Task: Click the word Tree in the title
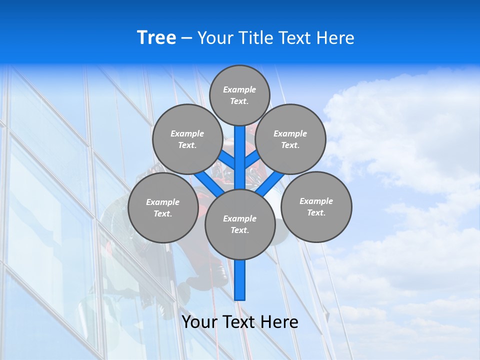tap(156, 38)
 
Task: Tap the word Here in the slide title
tap(335, 38)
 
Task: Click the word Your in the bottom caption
tap(199, 322)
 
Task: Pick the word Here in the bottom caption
tap(279, 322)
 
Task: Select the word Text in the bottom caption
tap(238, 322)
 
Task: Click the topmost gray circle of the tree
tap(239, 95)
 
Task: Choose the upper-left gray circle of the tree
tap(187, 139)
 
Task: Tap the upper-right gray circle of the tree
tap(290, 139)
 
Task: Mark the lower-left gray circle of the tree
tap(163, 208)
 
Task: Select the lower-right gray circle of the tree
tap(316, 207)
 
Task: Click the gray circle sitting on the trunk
tap(240, 224)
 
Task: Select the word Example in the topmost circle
tap(239, 90)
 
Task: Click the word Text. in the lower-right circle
tap(316, 213)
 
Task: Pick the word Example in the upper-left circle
tap(187, 134)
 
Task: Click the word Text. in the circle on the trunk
tap(240, 230)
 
